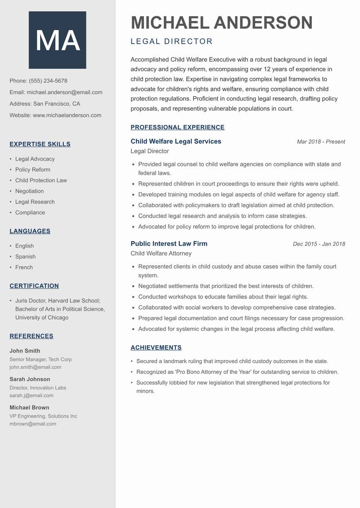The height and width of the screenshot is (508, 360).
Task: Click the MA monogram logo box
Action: pyautogui.click(x=57, y=40)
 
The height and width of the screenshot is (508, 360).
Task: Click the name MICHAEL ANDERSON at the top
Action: pyautogui.click(x=221, y=23)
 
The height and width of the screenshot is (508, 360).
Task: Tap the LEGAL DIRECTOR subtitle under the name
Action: pyautogui.click(x=171, y=42)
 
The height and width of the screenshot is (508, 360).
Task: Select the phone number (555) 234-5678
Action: pyautogui.click(x=48, y=81)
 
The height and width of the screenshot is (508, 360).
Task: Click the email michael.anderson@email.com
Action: pyautogui.click(x=64, y=92)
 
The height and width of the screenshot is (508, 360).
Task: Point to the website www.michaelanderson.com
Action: pyautogui.click(x=67, y=115)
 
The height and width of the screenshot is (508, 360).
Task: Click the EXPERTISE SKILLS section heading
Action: pyautogui.click(x=40, y=144)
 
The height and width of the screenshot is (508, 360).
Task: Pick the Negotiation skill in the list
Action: pyautogui.click(x=29, y=191)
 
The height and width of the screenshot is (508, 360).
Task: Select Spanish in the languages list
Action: pyautogui.click(x=25, y=257)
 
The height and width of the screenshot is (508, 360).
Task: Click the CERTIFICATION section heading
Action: pyautogui.click(x=34, y=286)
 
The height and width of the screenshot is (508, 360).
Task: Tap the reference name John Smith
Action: pyautogui.click(x=25, y=351)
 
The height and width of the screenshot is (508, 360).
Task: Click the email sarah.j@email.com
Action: pyautogui.click(x=31, y=396)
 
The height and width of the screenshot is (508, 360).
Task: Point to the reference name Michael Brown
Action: pyautogui.click(x=29, y=407)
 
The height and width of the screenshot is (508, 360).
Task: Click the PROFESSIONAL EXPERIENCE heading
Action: pyautogui.click(x=177, y=127)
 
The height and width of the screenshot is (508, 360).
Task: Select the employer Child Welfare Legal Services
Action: pyautogui.click(x=176, y=141)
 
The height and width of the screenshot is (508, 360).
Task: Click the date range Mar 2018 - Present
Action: pyautogui.click(x=321, y=142)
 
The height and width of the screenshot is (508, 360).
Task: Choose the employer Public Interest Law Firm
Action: pyautogui.click(x=169, y=244)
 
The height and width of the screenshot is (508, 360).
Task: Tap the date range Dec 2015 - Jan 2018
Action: pyautogui.click(x=319, y=244)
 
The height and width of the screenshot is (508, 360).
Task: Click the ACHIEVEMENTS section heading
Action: pyautogui.click(x=156, y=348)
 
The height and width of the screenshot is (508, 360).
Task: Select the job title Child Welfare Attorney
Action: pyautogui.click(x=161, y=254)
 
